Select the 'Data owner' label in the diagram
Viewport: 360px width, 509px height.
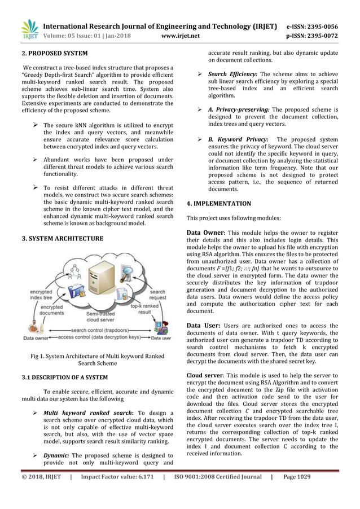coord(35,339)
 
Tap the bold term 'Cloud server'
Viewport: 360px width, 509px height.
coord(206,375)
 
